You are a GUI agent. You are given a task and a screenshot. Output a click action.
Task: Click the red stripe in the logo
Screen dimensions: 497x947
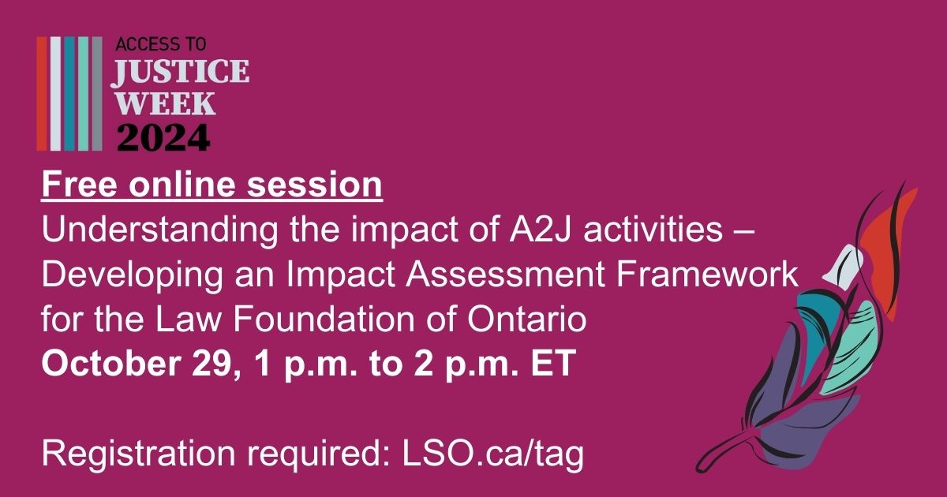42,93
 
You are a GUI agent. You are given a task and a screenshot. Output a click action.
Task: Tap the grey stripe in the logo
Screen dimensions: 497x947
97,93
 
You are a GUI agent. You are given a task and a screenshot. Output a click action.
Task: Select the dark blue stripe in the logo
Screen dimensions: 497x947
69,93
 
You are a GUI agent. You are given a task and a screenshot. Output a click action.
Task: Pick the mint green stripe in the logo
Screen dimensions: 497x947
84,93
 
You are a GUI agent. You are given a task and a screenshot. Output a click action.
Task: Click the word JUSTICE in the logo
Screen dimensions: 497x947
180,73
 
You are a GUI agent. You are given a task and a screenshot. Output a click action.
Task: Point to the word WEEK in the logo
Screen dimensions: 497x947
163,103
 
